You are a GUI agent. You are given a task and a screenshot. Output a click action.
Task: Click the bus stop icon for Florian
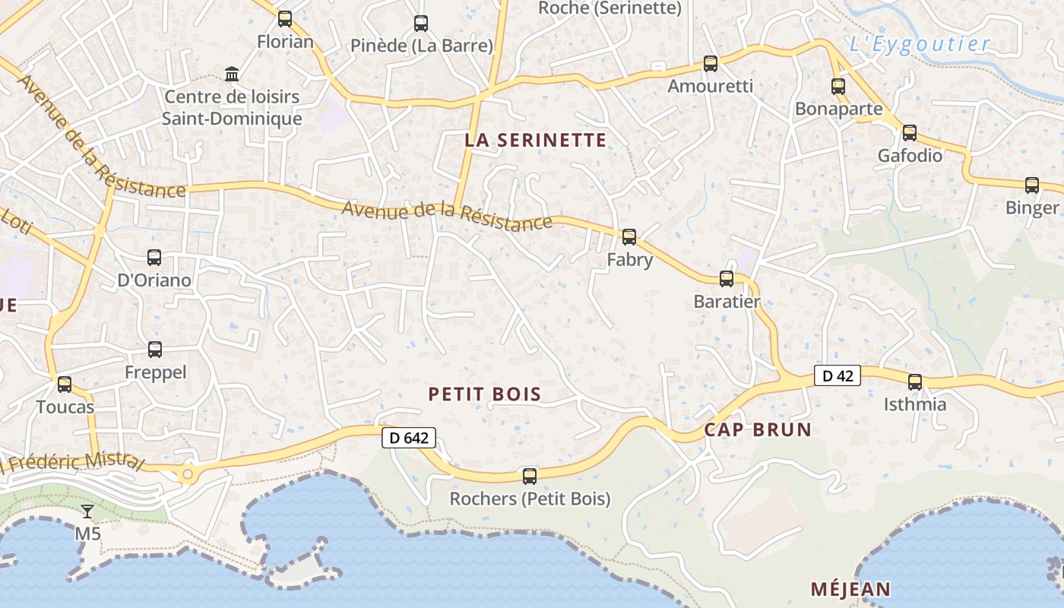pos(285,19)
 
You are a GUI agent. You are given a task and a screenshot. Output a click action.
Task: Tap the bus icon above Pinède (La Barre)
pos(421,24)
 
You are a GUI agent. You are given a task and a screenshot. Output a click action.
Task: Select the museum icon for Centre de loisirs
pos(232,74)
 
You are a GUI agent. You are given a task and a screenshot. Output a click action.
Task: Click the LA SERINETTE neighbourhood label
pos(536,140)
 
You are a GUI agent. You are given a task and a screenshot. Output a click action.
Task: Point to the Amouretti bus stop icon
pos(711,64)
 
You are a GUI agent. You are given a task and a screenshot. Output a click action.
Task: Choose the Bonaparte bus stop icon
pos(838,87)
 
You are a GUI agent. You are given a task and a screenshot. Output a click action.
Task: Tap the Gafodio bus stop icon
pos(910,133)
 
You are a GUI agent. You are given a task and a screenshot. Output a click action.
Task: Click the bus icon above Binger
pos(1032,185)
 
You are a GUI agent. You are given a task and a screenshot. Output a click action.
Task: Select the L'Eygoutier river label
pos(920,44)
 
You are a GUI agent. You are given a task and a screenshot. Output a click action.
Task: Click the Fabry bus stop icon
pos(629,237)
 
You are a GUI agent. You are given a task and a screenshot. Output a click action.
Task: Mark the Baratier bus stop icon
pos(727,279)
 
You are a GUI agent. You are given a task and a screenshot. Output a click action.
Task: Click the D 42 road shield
pos(838,375)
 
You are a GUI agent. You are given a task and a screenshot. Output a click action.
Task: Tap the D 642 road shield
pos(409,438)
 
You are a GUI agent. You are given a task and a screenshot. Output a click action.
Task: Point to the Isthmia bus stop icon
pos(915,382)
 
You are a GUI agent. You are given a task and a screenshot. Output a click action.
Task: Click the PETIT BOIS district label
pos(485,394)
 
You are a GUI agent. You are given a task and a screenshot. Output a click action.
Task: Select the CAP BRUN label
pos(758,429)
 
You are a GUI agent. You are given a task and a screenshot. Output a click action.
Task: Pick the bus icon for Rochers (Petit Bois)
pos(530,477)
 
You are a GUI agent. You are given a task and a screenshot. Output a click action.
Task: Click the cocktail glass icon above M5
pos(88,511)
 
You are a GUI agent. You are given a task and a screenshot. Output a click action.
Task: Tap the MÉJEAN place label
pos(850,589)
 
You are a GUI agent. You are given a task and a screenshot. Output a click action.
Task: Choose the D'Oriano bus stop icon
pos(154,258)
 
